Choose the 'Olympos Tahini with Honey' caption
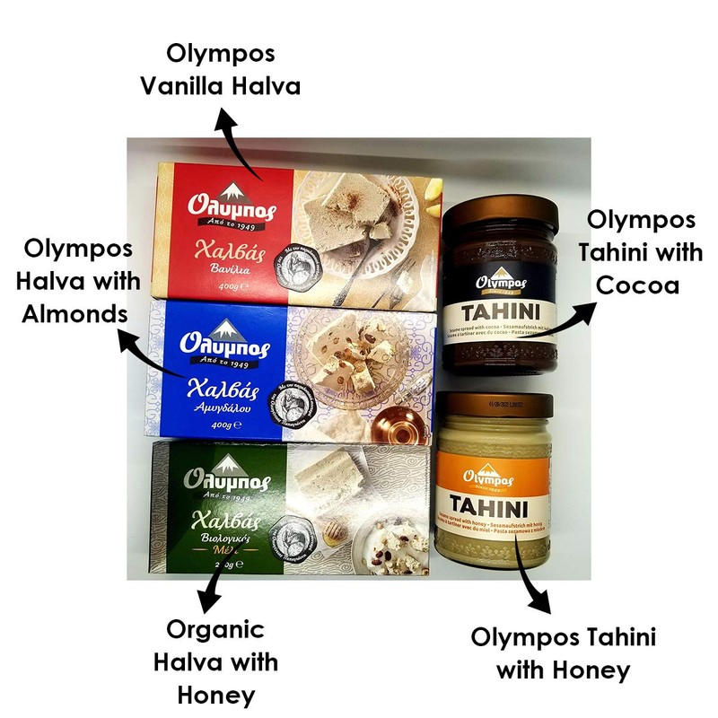564,654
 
